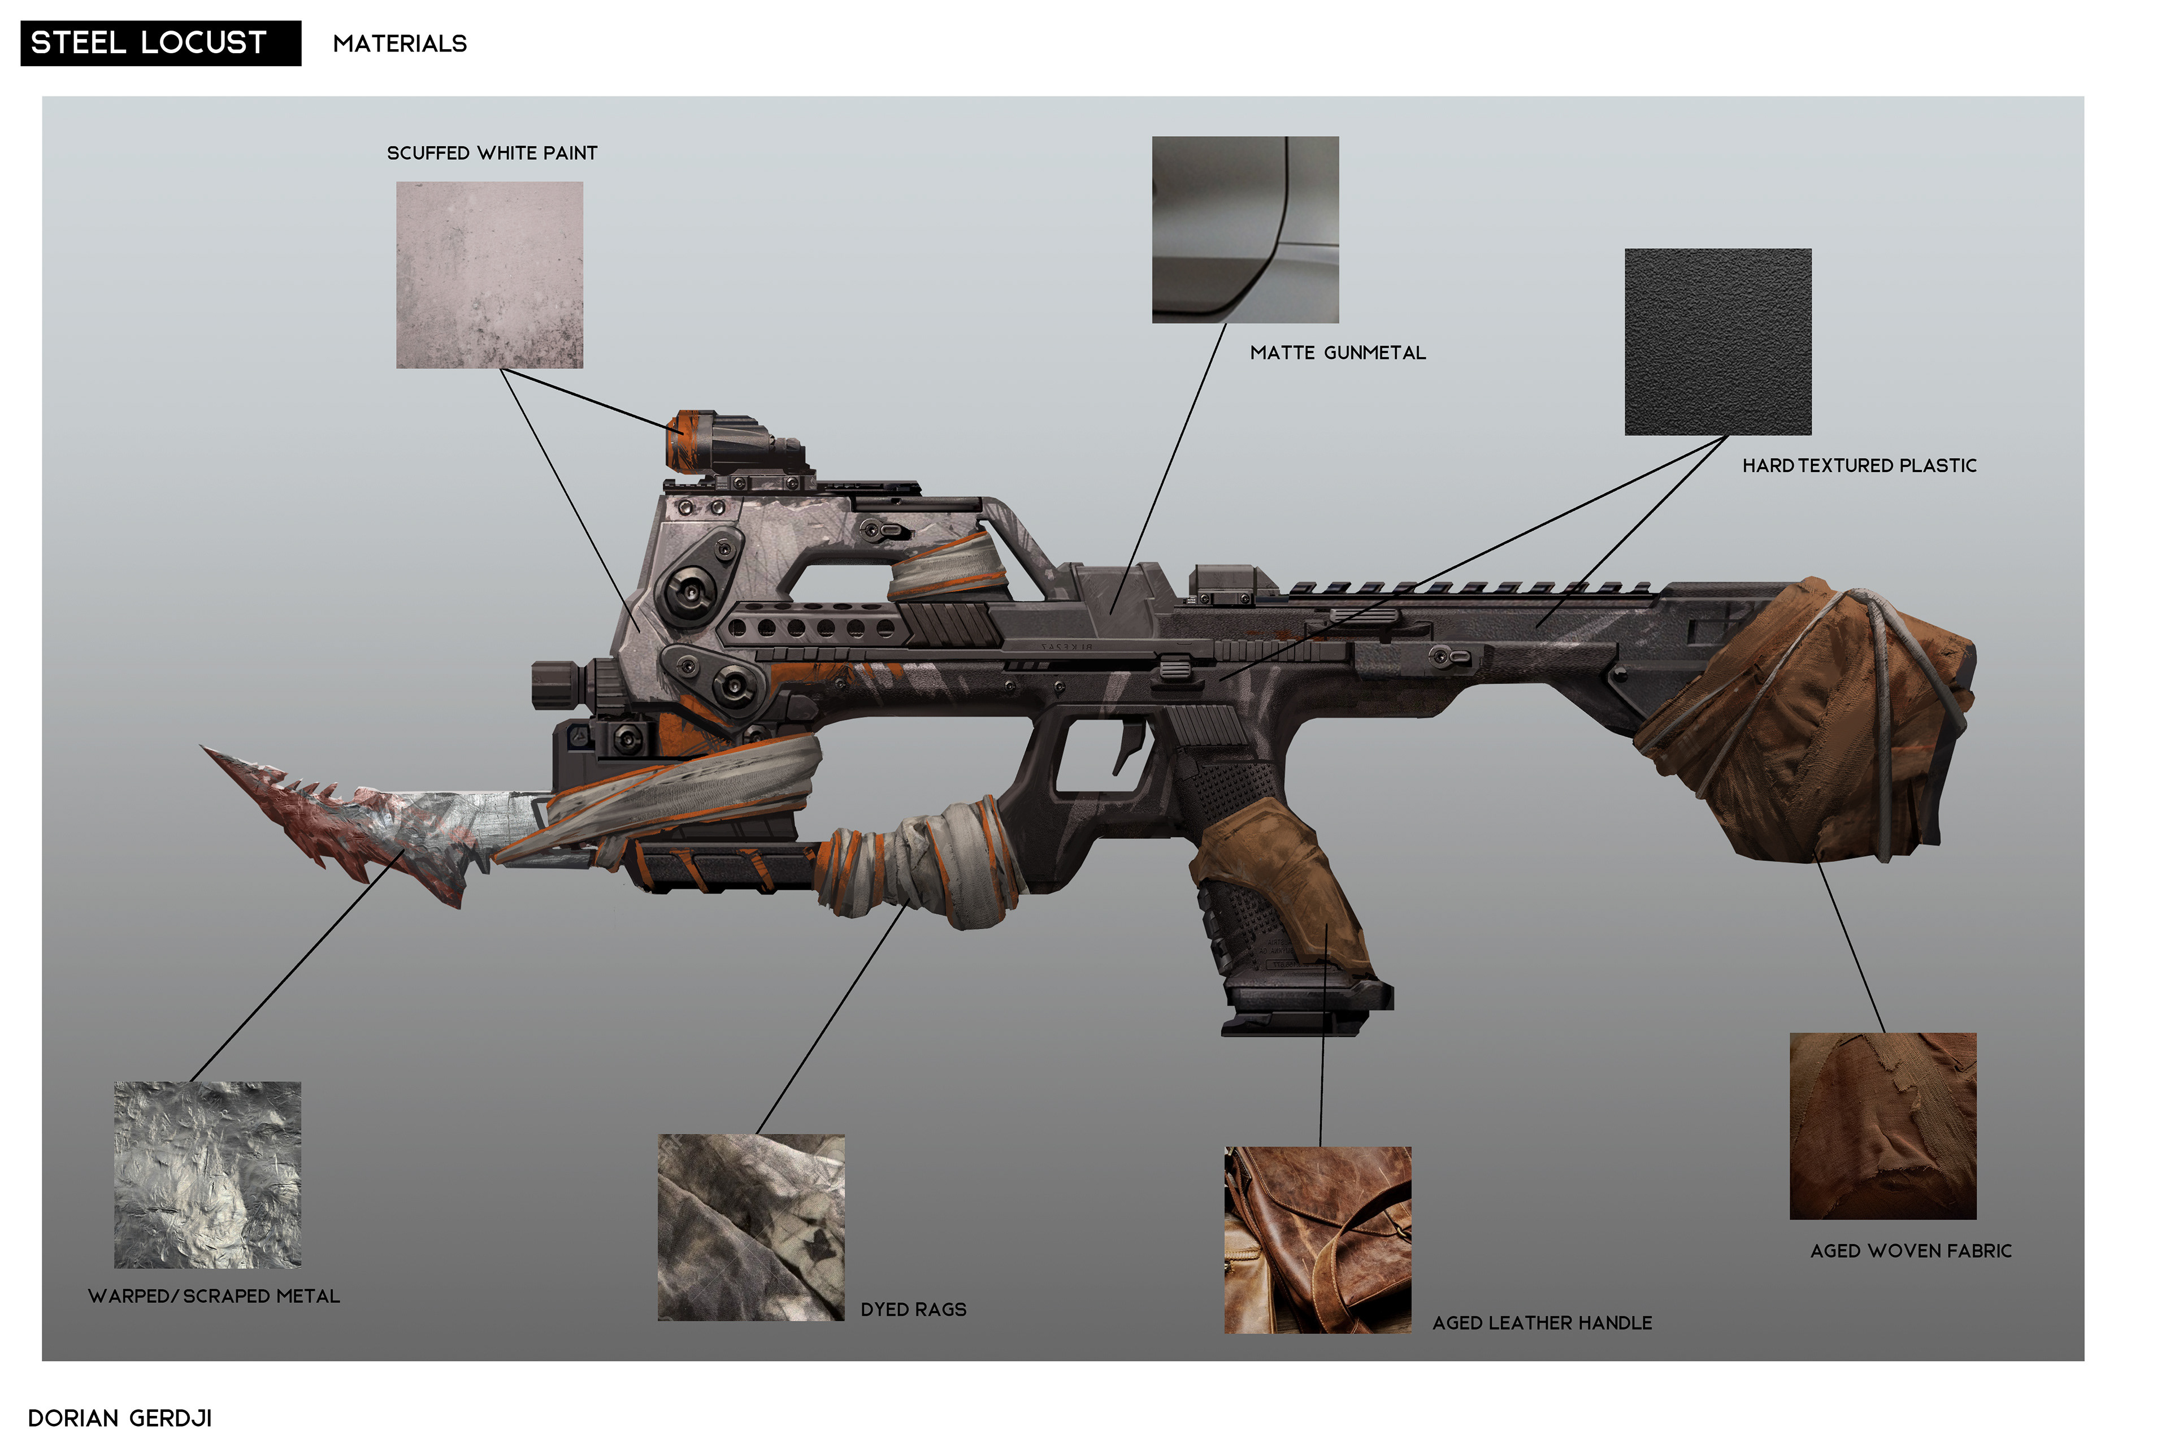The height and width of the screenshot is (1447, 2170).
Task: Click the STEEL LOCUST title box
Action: click(x=160, y=44)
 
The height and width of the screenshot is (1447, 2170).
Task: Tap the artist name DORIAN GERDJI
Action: click(x=120, y=1418)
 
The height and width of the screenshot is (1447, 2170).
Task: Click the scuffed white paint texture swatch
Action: click(x=489, y=275)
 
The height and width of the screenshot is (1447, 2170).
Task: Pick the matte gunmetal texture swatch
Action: click(x=1244, y=230)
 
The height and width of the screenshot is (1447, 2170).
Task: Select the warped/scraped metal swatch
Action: click(x=207, y=1174)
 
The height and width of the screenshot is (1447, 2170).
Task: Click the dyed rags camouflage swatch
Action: click(x=751, y=1227)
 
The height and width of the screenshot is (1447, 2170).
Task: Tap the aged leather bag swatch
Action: click(x=1317, y=1240)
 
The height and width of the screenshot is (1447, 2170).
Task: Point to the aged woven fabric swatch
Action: click(x=1882, y=1126)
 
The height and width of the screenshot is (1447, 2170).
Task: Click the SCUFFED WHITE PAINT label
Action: click(x=492, y=153)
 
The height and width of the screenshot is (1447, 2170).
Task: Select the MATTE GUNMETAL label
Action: click(x=1337, y=353)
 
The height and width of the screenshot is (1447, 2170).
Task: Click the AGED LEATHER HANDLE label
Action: click(x=1541, y=1323)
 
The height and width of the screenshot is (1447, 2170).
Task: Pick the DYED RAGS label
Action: click(x=913, y=1310)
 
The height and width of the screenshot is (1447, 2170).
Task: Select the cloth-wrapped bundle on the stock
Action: click(x=1808, y=720)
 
